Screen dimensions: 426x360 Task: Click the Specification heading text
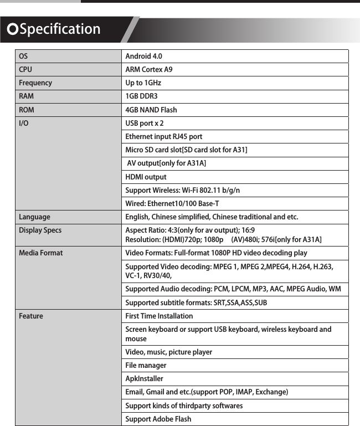point(60,29)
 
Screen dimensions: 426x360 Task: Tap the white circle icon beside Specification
point(11,29)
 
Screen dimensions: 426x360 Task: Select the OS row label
point(23,57)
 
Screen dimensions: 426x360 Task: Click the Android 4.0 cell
point(144,57)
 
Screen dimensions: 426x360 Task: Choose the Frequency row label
point(35,83)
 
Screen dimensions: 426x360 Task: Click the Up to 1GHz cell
point(143,83)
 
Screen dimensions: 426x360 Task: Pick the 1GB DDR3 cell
point(142,96)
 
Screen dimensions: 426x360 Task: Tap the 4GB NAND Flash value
point(151,110)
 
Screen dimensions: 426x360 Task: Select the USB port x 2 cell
point(145,123)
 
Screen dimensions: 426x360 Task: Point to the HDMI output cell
point(146,177)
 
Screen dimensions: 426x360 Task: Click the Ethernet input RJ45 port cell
point(164,137)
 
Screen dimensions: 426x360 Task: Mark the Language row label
point(34,217)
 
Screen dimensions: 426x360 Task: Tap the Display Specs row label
point(40,230)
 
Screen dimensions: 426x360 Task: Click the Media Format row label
point(41,253)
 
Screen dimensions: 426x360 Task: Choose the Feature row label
point(31,316)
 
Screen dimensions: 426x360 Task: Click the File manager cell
point(146,366)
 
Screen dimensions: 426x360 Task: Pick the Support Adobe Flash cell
point(158,419)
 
